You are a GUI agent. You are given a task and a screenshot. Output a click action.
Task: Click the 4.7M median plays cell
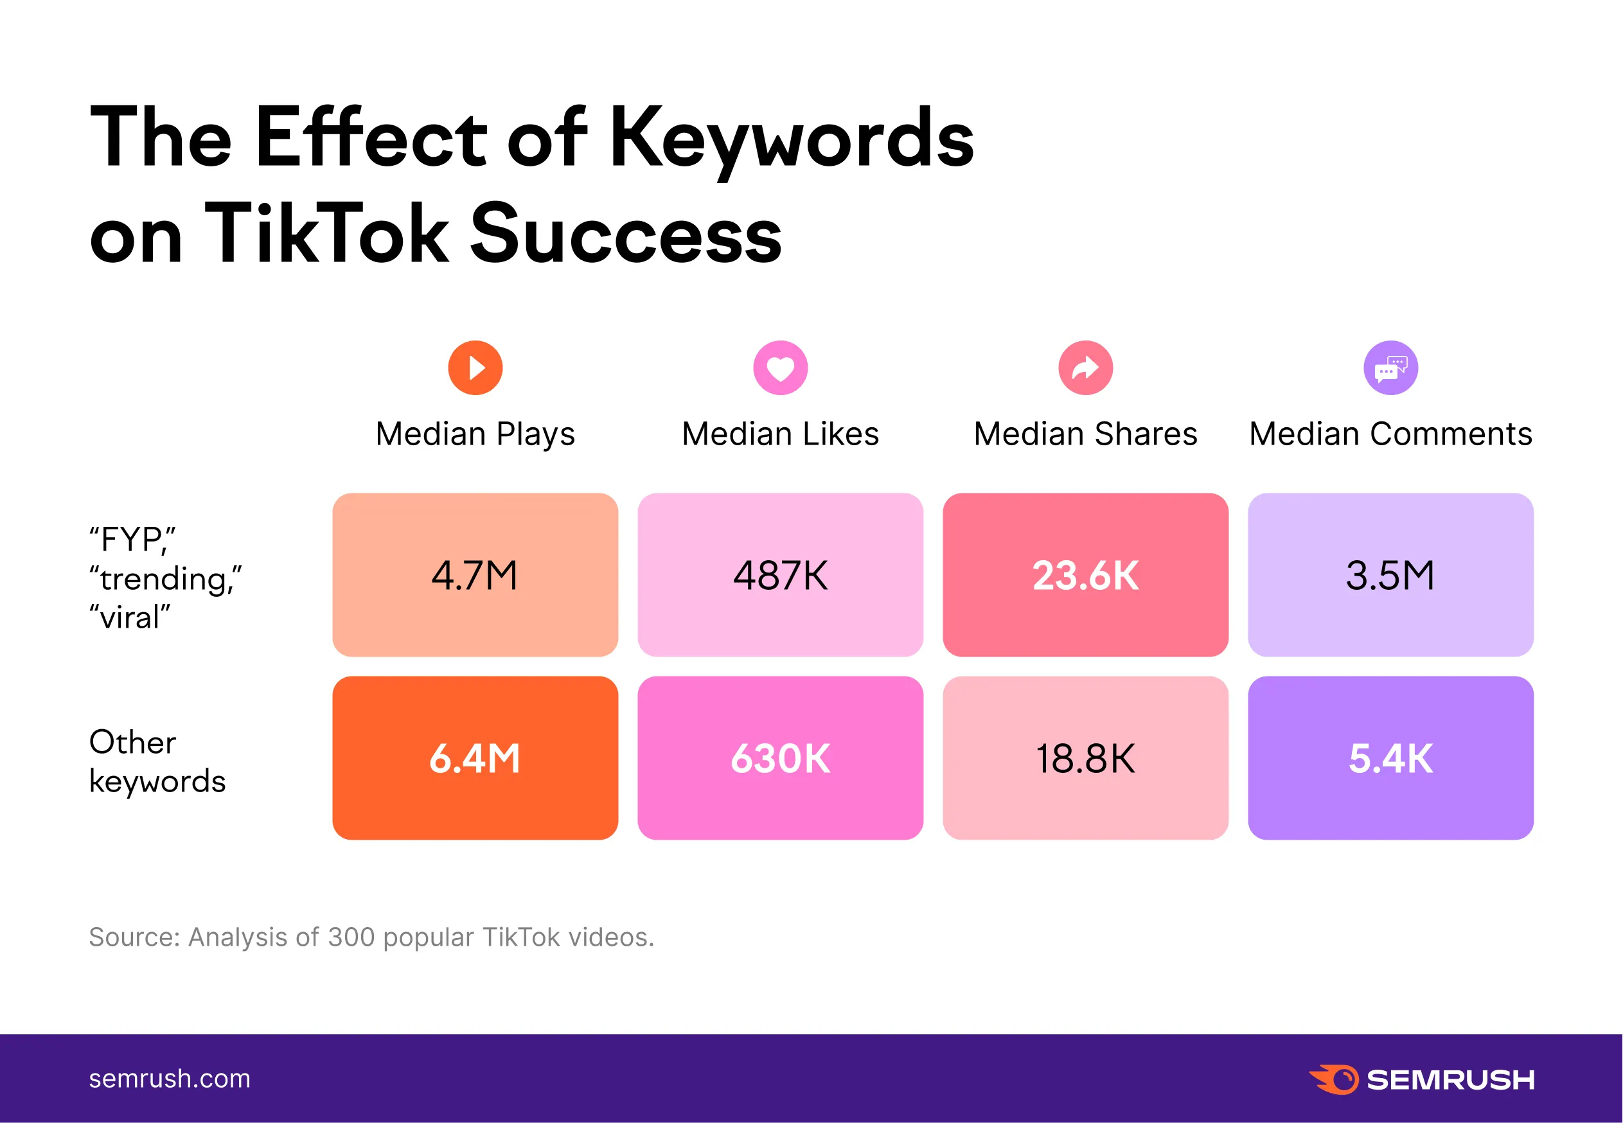(x=475, y=575)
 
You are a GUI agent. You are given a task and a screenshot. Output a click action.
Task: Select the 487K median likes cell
(x=780, y=575)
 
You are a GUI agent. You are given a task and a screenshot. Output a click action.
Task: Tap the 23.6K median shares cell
(x=1085, y=575)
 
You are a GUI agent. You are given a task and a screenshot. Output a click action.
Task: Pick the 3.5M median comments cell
(x=1390, y=575)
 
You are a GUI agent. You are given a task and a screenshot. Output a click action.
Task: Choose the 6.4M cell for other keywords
(x=475, y=758)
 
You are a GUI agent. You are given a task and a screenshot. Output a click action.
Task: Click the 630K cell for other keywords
(x=780, y=758)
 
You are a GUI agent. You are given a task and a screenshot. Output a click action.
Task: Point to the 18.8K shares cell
(x=1085, y=758)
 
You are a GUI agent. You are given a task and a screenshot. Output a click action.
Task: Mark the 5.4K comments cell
(x=1390, y=758)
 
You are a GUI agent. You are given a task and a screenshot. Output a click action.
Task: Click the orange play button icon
(x=475, y=367)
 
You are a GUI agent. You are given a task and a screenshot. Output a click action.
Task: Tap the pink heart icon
(x=780, y=367)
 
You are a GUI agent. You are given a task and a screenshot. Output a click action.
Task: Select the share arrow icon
(x=1085, y=367)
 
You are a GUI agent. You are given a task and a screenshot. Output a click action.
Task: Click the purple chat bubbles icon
(x=1390, y=367)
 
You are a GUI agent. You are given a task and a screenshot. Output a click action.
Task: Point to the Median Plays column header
(x=475, y=434)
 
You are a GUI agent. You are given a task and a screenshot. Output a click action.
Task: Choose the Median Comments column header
(x=1390, y=434)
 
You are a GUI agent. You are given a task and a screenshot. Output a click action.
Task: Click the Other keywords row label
(x=157, y=761)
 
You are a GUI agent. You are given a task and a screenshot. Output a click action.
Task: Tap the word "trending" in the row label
(x=164, y=579)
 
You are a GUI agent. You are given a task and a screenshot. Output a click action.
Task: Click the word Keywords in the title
(x=792, y=137)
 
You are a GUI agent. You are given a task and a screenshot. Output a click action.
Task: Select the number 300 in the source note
(x=351, y=937)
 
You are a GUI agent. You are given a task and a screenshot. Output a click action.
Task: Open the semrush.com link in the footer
(x=170, y=1078)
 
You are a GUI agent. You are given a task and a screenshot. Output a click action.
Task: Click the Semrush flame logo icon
(x=1334, y=1079)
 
